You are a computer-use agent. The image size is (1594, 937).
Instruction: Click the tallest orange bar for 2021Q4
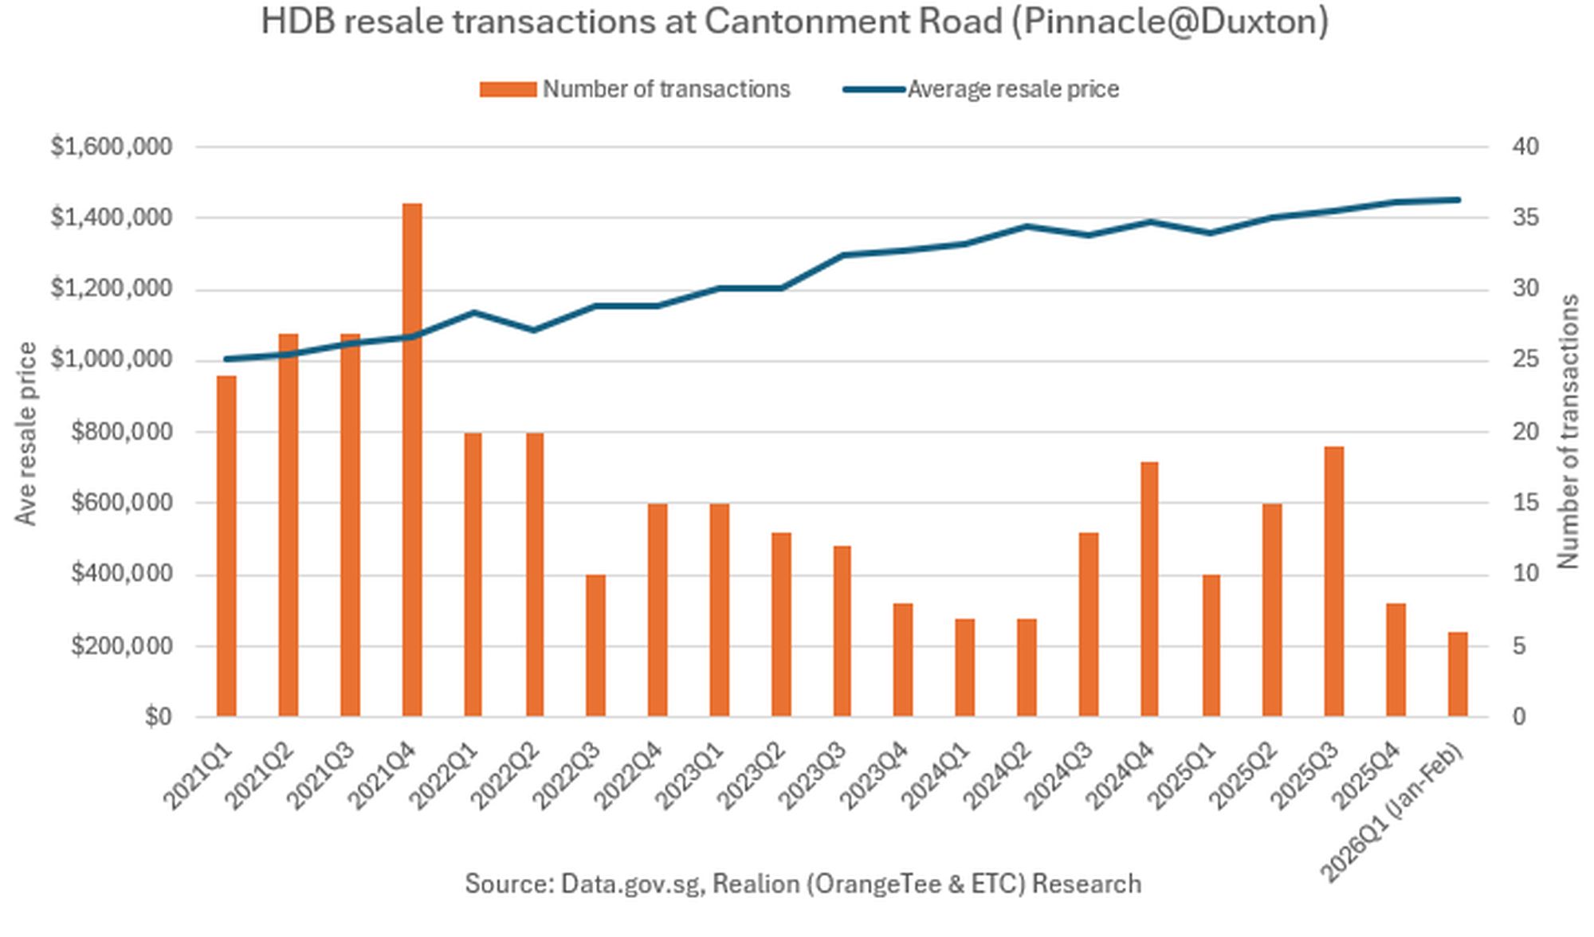click(412, 460)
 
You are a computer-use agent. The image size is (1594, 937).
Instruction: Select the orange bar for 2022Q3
click(595, 645)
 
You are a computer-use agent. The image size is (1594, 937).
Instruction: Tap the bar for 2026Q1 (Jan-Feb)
click(1458, 674)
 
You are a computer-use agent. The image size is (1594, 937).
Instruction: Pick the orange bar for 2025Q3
click(1334, 582)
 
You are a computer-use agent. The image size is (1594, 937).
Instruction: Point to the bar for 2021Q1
click(226, 546)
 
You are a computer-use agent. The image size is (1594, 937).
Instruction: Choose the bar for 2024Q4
click(1149, 589)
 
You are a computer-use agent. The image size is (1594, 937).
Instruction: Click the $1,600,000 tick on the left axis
click(112, 147)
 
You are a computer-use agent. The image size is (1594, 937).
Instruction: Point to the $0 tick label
click(158, 717)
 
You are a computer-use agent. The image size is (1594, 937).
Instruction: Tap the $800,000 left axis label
click(121, 432)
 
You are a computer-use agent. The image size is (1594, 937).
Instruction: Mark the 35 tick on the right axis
click(1525, 218)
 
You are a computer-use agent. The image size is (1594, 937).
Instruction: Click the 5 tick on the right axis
click(1519, 645)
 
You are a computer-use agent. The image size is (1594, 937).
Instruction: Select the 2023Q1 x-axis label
click(690, 776)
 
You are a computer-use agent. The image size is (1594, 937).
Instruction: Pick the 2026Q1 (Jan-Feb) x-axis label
click(1392, 813)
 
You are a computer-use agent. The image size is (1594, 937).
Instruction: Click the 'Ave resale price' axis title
click(26, 434)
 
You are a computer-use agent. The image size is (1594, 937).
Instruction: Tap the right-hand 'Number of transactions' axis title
click(1568, 432)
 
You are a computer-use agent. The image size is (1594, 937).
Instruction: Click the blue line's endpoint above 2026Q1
click(1458, 200)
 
